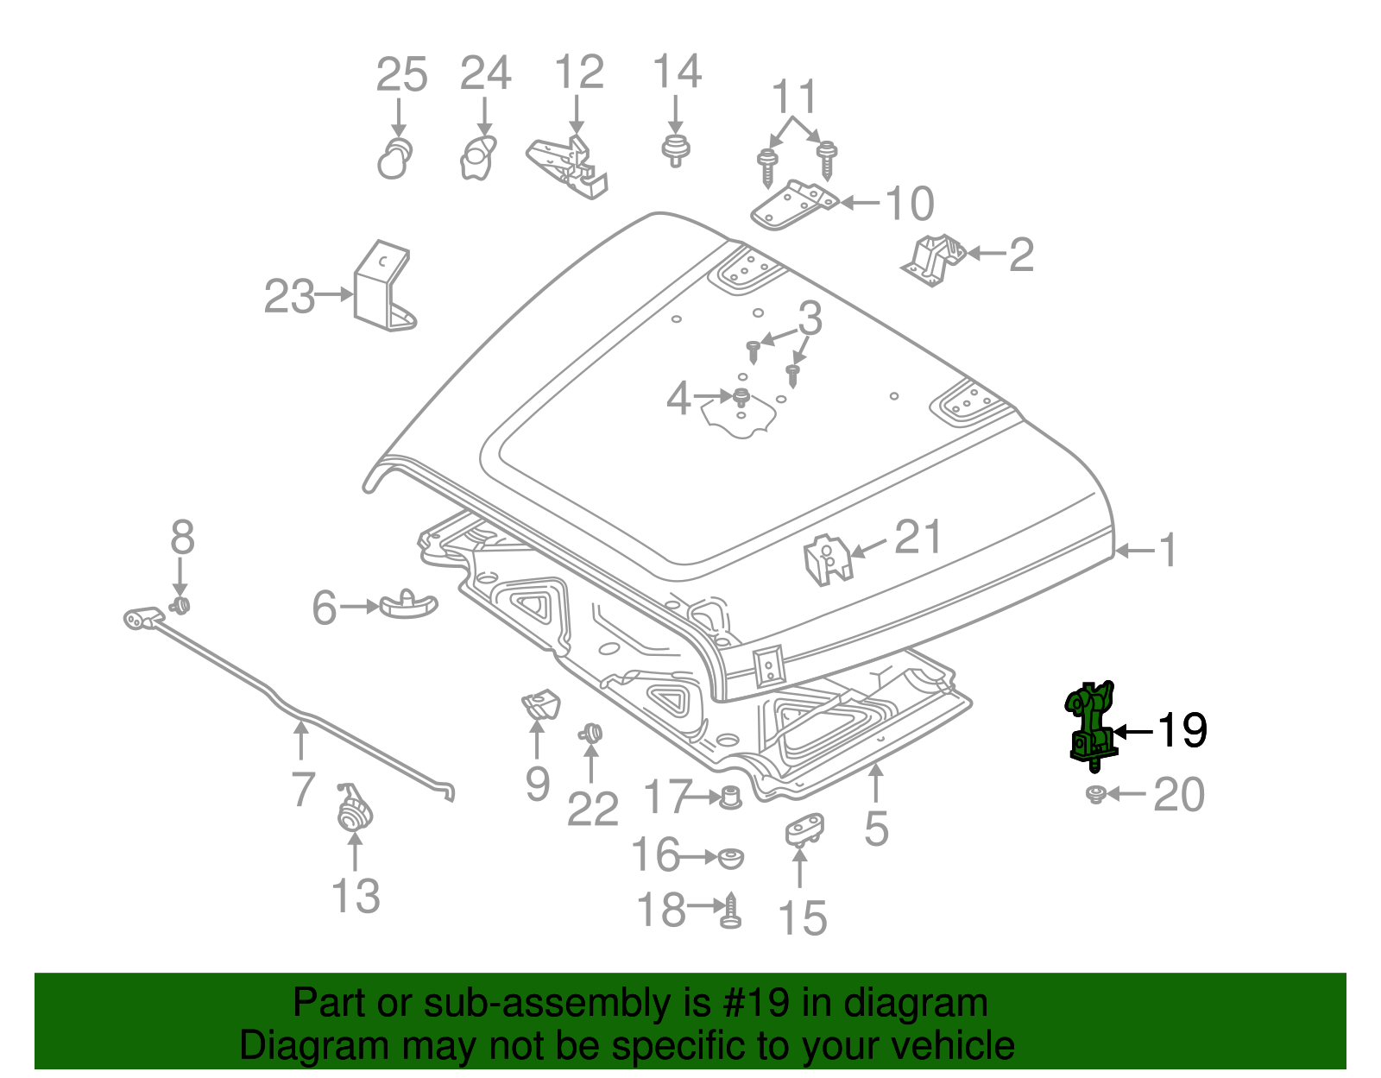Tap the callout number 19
point(1182,731)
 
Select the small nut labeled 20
point(1095,794)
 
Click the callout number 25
point(401,75)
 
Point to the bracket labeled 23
point(382,289)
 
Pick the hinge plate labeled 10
point(792,205)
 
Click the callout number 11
point(793,97)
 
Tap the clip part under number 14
point(675,149)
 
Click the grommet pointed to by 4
point(741,397)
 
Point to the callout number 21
point(918,537)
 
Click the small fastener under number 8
point(180,604)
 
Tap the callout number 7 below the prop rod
point(302,789)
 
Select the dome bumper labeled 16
point(730,858)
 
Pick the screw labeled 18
point(730,911)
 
